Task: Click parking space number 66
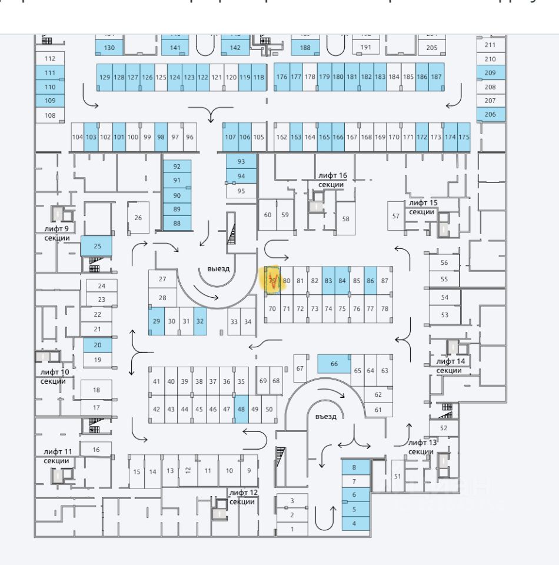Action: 334,364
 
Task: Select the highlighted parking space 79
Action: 272,281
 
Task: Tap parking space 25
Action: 98,246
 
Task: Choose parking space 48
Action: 241,409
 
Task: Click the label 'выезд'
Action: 218,269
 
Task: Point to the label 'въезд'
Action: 325,417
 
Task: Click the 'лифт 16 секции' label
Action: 331,180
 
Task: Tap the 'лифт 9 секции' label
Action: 57,233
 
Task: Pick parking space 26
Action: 138,218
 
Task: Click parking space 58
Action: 346,219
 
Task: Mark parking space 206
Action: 490,114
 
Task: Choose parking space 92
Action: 177,167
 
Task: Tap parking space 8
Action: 354,467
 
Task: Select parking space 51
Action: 397,476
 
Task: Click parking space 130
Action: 109,48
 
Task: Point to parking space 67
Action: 300,368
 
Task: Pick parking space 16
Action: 96,450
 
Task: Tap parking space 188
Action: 305,48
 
